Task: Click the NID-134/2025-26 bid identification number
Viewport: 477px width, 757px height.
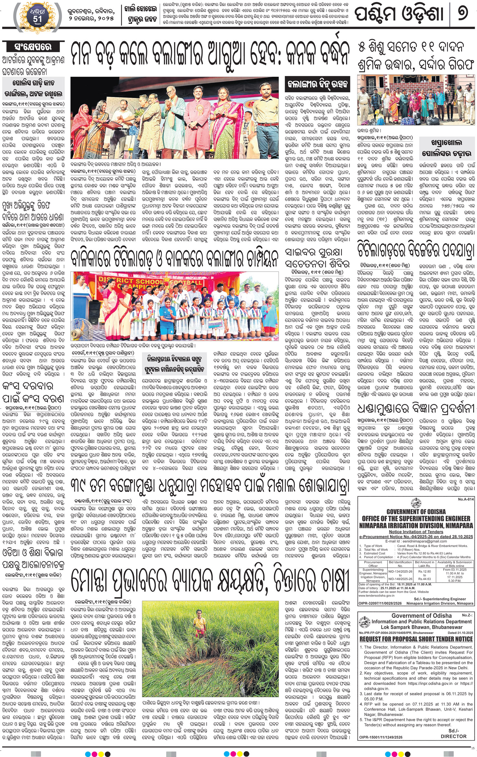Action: pyautogui.click(x=400, y=572)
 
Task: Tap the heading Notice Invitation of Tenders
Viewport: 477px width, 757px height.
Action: pyautogui.click(x=416, y=532)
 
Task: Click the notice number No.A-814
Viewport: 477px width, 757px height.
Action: pyautogui.click(x=466, y=499)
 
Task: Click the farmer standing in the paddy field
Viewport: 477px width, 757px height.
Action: pyautogui.click(x=197, y=622)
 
